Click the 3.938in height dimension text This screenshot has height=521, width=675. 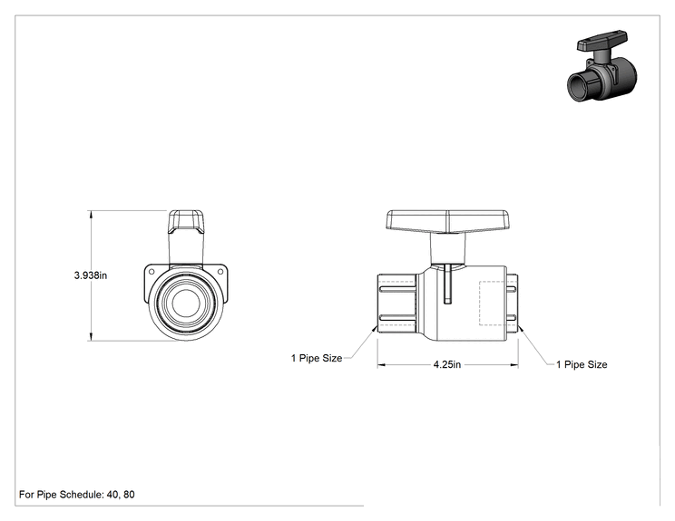coord(91,275)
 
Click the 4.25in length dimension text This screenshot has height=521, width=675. coord(447,364)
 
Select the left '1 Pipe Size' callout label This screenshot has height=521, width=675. coord(317,358)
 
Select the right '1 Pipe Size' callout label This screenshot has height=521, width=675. coord(582,364)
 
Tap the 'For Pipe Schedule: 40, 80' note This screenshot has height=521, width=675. coord(76,495)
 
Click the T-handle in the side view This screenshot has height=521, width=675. coord(447,221)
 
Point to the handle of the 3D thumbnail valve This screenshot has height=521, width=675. coord(602,41)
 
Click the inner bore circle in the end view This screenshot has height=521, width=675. coord(186,303)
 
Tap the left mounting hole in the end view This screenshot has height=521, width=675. coord(152,271)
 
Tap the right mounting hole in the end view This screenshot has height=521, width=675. coord(220,271)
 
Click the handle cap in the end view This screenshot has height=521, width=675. coord(186,222)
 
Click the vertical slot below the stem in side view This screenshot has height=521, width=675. coord(447,284)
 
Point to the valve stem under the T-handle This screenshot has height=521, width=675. coord(447,248)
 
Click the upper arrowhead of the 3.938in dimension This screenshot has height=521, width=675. coord(91,214)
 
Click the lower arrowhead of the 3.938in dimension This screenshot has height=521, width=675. coord(91,337)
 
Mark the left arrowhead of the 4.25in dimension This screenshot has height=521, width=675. coord(381,365)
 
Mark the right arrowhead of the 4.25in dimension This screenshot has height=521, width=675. coord(514,365)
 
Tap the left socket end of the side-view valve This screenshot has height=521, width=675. coord(396,304)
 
